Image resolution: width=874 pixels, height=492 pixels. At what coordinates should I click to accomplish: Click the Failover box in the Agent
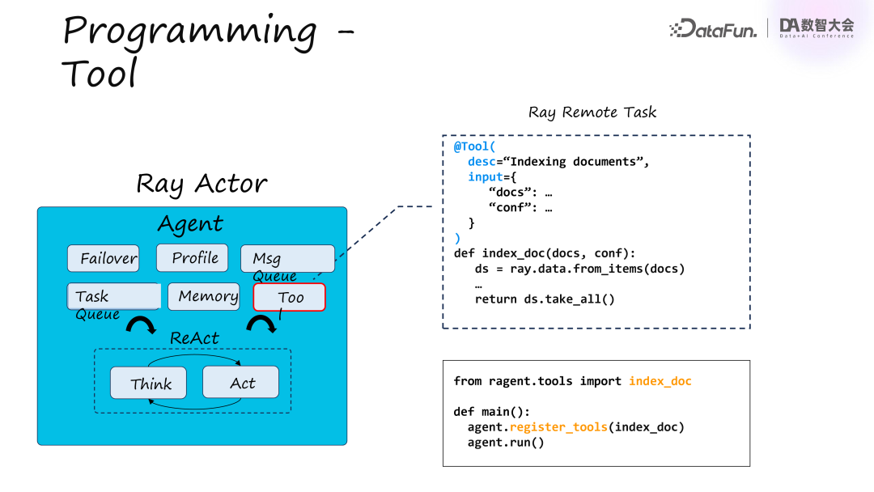(103, 259)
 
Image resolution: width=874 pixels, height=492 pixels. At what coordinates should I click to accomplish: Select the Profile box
(194, 258)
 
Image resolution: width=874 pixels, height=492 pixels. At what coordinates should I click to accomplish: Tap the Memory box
(203, 296)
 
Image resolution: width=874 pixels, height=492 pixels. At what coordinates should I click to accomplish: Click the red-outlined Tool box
(289, 297)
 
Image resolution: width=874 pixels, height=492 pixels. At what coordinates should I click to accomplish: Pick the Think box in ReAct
(148, 384)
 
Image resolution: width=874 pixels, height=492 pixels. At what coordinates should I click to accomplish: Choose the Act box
(240, 383)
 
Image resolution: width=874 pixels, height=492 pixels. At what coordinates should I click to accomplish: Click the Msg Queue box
(287, 259)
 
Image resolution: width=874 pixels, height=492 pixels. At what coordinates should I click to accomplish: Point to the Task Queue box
(112, 296)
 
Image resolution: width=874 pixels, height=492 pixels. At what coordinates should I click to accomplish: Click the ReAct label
(194, 338)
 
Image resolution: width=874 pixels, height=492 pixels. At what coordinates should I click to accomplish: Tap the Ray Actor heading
(202, 184)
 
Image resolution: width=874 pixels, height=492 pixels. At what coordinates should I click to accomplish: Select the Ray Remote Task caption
(592, 112)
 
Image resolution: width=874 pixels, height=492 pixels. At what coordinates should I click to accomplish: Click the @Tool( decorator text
(474, 146)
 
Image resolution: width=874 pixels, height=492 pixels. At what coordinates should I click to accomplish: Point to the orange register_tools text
(558, 427)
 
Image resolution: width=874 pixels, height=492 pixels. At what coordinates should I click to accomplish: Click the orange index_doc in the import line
(660, 381)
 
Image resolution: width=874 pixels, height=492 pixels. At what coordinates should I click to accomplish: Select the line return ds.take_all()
(545, 299)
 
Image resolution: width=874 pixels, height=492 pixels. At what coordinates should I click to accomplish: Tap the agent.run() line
(506, 443)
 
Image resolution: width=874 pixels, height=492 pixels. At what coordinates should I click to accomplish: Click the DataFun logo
(714, 30)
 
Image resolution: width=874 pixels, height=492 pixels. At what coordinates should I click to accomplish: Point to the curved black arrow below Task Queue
(142, 325)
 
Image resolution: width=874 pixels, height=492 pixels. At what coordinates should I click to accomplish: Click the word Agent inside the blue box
(190, 224)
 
